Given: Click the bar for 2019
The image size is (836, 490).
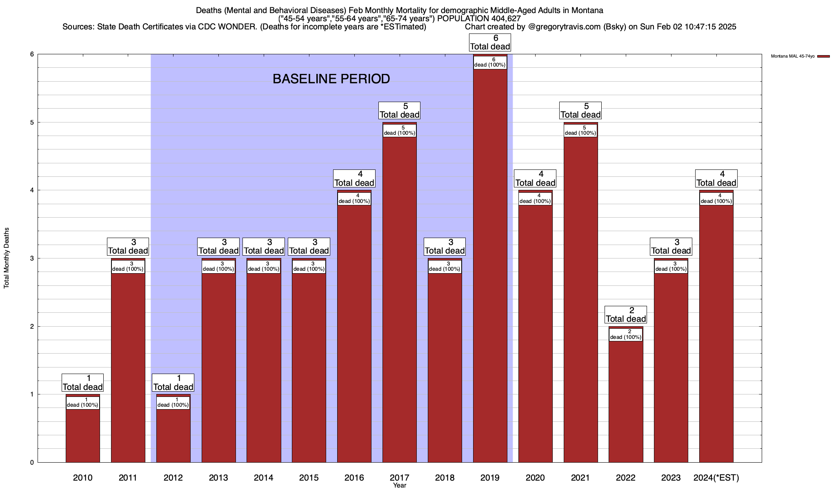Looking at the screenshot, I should [490, 265].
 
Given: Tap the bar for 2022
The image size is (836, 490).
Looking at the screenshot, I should [625, 400].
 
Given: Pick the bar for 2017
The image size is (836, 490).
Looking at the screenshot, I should [399, 298].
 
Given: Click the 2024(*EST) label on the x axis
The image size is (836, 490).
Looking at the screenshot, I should [716, 477].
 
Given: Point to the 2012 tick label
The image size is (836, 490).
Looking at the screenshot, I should [173, 477].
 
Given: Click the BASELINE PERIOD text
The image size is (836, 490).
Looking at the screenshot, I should [331, 79].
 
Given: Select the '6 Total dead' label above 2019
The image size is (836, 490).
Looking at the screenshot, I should [490, 42].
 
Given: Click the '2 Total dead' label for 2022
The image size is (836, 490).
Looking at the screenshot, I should [625, 315].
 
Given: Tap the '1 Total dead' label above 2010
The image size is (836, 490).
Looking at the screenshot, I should [82, 383].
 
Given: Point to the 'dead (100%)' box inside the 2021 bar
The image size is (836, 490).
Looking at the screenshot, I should [580, 130].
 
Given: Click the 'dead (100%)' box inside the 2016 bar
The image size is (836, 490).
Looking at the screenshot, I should [354, 198].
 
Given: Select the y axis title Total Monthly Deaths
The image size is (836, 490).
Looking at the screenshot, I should [7, 258].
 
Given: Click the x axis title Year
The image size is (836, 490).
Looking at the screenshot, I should [399, 485].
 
